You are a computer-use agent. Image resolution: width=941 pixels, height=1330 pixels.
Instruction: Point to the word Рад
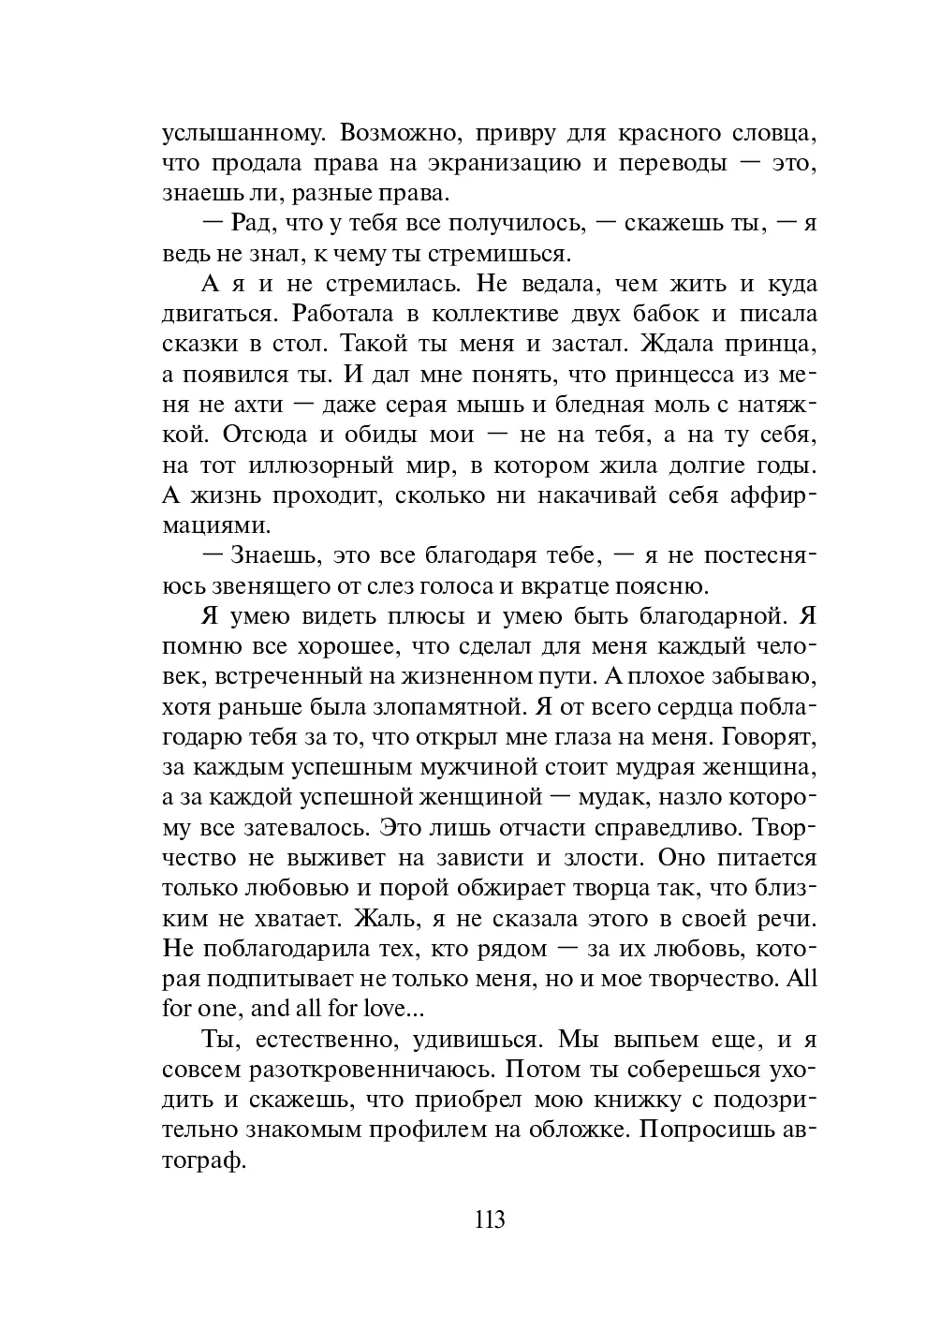[250, 224]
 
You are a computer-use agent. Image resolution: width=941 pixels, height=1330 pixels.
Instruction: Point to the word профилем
[429, 1130]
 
